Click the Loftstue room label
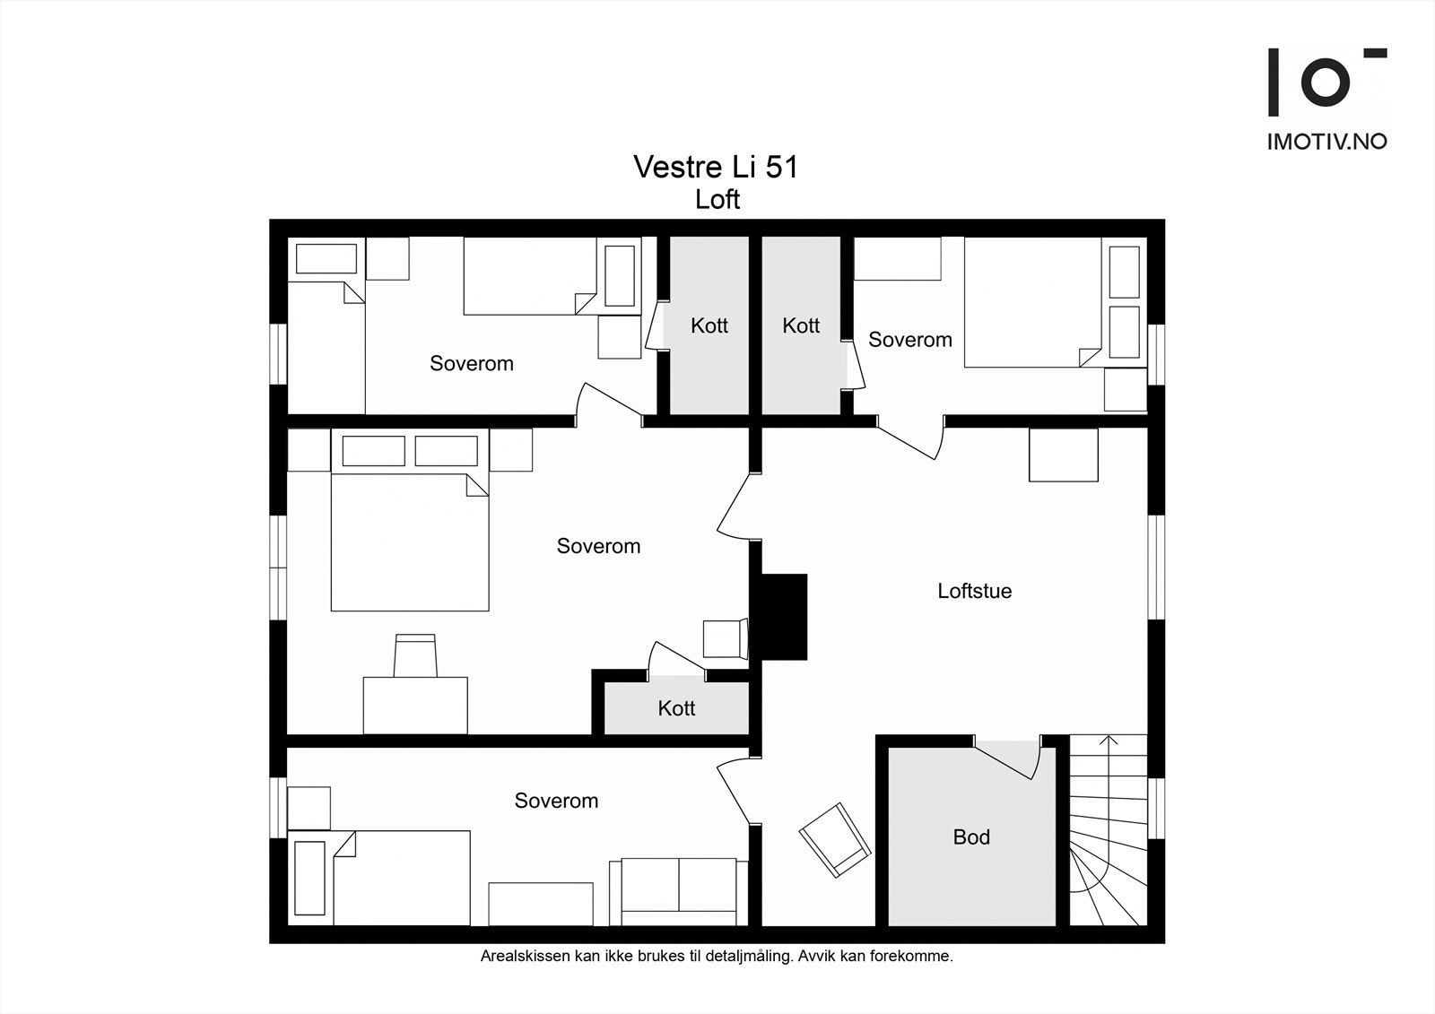[974, 591]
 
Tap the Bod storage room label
[971, 837]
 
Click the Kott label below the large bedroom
[676, 708]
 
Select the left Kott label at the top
[709, 325]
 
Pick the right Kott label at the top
[801, 325]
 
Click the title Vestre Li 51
[716, 168]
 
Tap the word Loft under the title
[717, 199]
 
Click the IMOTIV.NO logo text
[1326, 142]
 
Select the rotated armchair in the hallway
[835, 839]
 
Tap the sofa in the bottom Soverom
[679, 892]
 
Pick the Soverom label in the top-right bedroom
[909, 340]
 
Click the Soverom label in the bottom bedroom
[556, 801]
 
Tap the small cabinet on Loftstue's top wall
[1063, 455]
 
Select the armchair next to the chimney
[725, 639]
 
